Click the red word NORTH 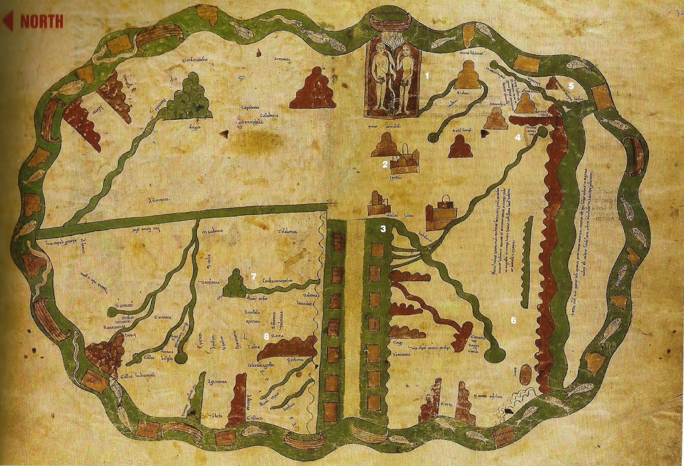click(x=41, y=21)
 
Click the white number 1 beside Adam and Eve click(x=426, y=76)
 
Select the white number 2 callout click(x=385, y=164)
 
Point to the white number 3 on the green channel click(x=383, y=229)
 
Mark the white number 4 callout click(x=517, y=137)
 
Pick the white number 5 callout click(x=571, y=85)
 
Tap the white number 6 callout click(x=513, y=320)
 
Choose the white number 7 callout click(x=253, y=276)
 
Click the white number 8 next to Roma click(x=266, y=337)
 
